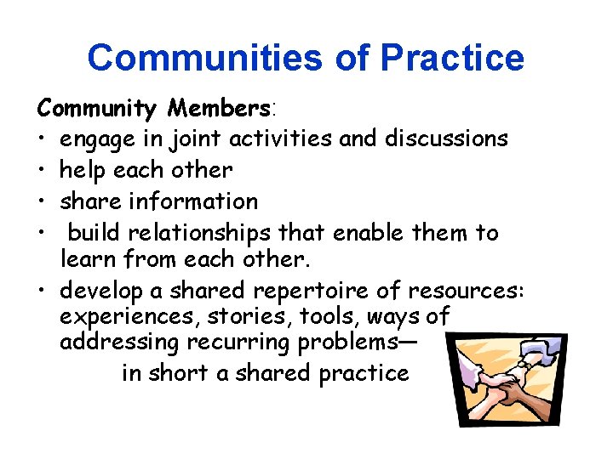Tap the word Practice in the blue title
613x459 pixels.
(x=452, y=58)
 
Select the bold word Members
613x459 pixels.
(x=219, y=108)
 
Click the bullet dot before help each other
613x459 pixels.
(x=42, y=170)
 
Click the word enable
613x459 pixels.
(x=370, y=233)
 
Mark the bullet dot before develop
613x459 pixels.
(x=42, y=291)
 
